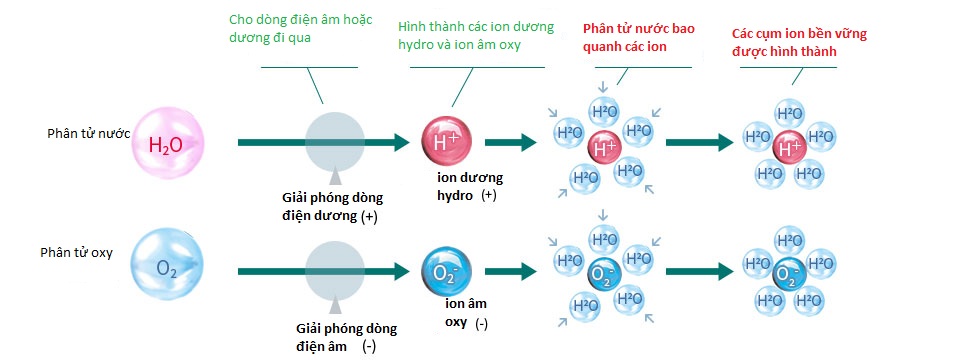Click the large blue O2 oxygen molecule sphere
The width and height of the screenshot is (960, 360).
[x=167, y=267]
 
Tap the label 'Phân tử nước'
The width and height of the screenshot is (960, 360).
[x=89, y=134]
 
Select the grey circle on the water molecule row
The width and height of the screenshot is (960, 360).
[x=337, y=143]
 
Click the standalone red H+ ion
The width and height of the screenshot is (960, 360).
[x=445, y=143]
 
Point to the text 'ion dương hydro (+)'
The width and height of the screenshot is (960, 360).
[x=469, y=186]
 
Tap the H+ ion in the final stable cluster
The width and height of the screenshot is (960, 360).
[x=789, y=147]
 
